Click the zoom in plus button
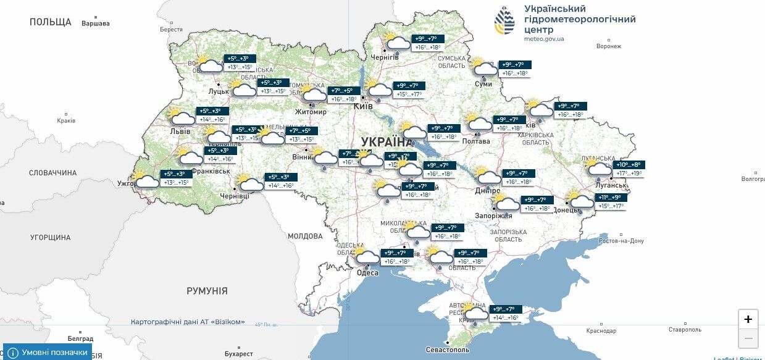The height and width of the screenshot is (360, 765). click(748, 319)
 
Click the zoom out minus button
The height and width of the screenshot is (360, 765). click(748, 338)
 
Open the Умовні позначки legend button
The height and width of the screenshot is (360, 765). click(48, 352)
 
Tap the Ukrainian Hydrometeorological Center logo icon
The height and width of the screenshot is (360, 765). click(504, 21)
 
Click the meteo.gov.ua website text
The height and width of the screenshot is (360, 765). click(544, 38)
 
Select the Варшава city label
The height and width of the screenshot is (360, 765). click(95, 23)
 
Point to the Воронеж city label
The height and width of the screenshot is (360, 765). click(609, 46)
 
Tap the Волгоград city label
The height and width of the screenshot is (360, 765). click(752, 179)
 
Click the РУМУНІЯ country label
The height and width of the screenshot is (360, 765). click(207, 291)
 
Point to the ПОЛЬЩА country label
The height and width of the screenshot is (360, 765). click(51, 22)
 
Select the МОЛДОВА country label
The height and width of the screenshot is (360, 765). click(305, 236)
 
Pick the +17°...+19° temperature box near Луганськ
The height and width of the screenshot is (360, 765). click(629, 174)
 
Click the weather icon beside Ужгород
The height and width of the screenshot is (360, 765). click(146, 180)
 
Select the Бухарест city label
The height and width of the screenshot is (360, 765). click(239, 354)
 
